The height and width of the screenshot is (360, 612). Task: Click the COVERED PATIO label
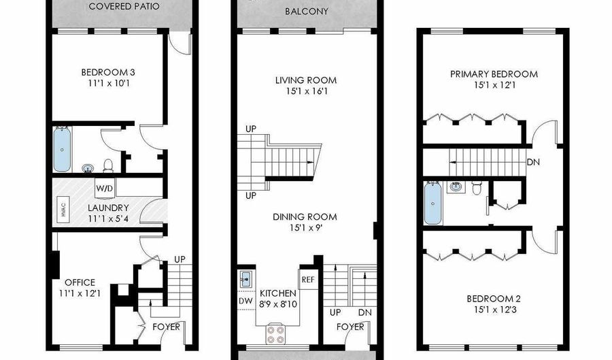click(x=124, y=7)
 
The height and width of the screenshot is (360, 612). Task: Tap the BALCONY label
click(x=306, y=12)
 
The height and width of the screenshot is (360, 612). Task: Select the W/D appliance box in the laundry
click(x=104, y=188)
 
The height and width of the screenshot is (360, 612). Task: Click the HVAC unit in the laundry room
click(x=63, y=208)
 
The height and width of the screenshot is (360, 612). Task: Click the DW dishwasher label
click(x=245, y=299)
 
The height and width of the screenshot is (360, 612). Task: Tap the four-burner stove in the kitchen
click(x=277, y=334)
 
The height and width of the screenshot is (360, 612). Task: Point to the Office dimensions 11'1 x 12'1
click(x=80, y=293)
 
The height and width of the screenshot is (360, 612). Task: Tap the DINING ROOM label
click(x=305, y=217)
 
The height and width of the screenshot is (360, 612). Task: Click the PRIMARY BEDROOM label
click(x=494, y=74)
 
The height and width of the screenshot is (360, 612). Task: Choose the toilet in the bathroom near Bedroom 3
click(x=108, y=165)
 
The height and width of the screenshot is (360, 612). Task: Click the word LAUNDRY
click(x=108, y=208)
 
